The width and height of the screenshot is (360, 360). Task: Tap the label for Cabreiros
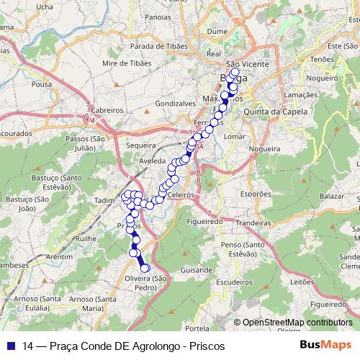[x=108, y=110]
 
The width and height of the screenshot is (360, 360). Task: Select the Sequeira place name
[x=140, y=145]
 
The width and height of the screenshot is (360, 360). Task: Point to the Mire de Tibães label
[x=127, y=63]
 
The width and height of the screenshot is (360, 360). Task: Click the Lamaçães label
[x=300, y=94]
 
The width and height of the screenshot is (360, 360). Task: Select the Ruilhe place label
[x=86, y=238]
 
